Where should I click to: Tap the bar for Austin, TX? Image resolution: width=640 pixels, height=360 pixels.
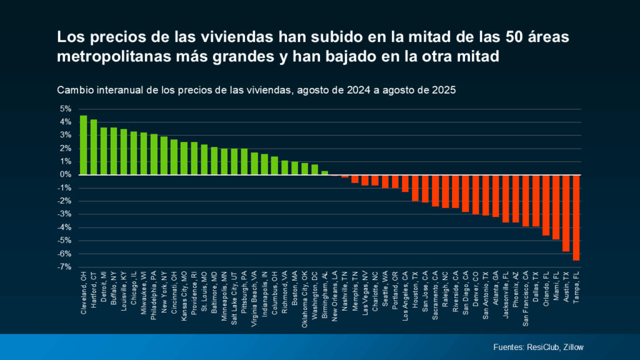(566, 213)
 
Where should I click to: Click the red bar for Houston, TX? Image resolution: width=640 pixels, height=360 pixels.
(415, 187)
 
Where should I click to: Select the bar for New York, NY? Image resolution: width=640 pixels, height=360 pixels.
(164, 156)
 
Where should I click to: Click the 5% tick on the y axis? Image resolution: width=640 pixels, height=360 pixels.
(65, 109)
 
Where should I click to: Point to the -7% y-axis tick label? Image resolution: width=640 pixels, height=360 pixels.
(64, 267)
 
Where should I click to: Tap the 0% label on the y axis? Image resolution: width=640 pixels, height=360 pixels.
(65, 174)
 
